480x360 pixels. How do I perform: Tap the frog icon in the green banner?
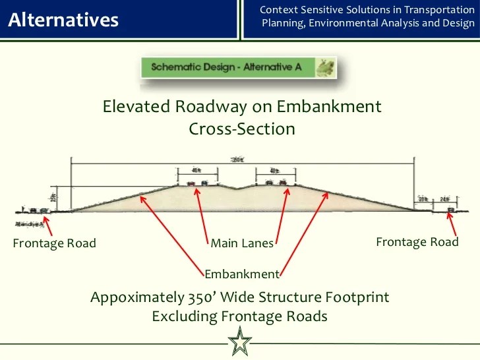324,67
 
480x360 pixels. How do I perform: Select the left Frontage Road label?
54,243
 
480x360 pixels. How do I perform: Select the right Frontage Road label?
417,242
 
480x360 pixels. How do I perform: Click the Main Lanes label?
242,243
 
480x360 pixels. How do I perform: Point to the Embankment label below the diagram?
242,274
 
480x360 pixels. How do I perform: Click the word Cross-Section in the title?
242,129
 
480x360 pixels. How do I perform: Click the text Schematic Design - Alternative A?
227,67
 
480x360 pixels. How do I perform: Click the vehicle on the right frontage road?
451,210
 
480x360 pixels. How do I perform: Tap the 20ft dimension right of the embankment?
423,198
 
